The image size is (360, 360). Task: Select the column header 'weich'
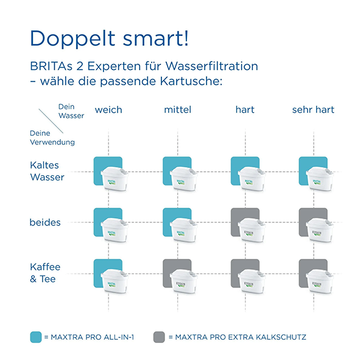coord(108,110)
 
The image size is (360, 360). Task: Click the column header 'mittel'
coord(177,110)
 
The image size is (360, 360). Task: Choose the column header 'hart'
coord(245,110)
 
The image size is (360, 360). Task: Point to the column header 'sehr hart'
coord(313,110)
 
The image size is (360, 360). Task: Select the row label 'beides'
coord(45,222)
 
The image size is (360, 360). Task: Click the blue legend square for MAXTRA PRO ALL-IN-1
coord(36,336)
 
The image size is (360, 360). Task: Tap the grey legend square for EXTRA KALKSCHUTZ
coord(159,336)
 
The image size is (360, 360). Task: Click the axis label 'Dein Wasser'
coord(71,111)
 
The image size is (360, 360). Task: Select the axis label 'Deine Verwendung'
coord(52,138)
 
